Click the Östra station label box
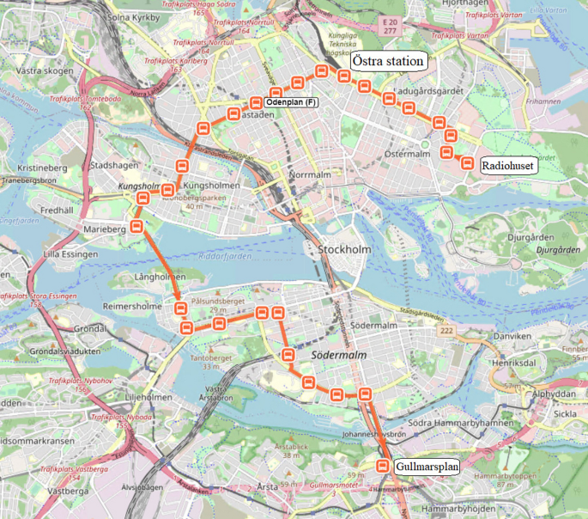(389, 62)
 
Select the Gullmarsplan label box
(427, 467)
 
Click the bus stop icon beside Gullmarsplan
(384, 467)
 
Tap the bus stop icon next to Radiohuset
(468, 163)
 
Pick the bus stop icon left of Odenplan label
(255, 102)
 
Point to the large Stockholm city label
(343, 250)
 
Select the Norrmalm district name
(311, 175)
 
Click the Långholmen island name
(160, 277)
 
